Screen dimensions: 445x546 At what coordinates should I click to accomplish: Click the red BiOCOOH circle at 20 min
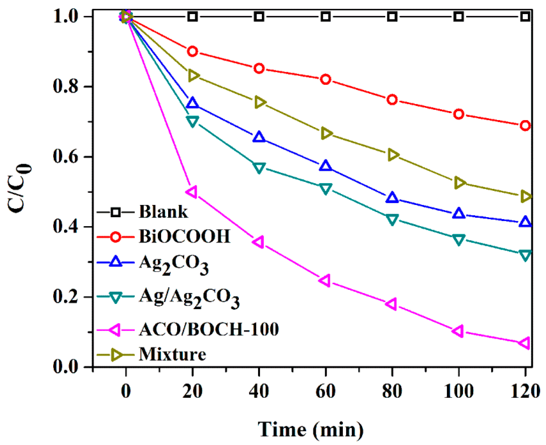pos(192,51)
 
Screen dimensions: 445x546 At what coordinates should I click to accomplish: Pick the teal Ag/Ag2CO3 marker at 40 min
pos(259,167)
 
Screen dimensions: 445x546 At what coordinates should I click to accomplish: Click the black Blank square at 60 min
pos(326,17)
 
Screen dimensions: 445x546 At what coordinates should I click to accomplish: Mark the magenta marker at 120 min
pos(525,343)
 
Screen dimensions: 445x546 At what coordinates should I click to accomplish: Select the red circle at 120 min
pos(525,126)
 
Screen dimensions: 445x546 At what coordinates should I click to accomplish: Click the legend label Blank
pos(163,212)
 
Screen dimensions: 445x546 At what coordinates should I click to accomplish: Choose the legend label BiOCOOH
pos(184,236)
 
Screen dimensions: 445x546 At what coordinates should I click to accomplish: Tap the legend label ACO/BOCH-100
pos(209,329)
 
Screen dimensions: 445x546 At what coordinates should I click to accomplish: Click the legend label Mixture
pos(172,355)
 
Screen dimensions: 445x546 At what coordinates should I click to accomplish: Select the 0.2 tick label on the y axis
pos(65,297)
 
